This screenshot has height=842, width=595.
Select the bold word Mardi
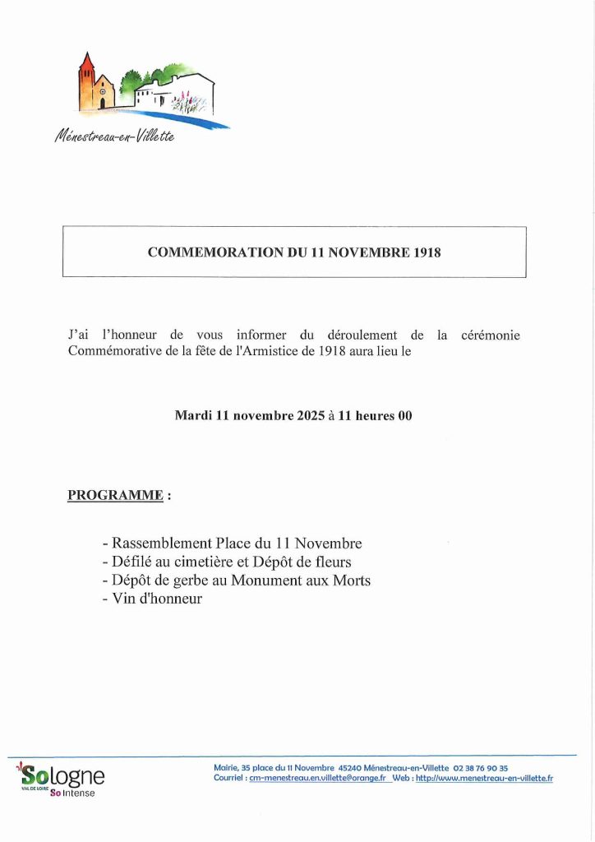(193, 415)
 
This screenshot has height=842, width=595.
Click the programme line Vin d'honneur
(153, 599)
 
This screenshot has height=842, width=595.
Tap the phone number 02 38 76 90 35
(481, 768)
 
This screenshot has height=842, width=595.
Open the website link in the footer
(484, 778)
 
